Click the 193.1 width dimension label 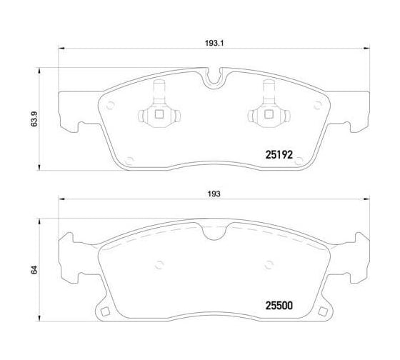pyautogui.click(x=214, y=43)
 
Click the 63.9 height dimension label pyautogui.click(x=34, y=119)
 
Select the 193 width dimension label pyautogui.click(x=214, y=194)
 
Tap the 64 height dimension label pyautogui.click(x=34, y=270)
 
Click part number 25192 pyautogui.click(x=279, y=154)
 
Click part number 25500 pyautogui.click(x=279, y=306)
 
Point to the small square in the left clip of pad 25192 pyautogui.click(x=159, y=114)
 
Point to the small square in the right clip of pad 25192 pyautogui.click(x=269, y=114)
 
